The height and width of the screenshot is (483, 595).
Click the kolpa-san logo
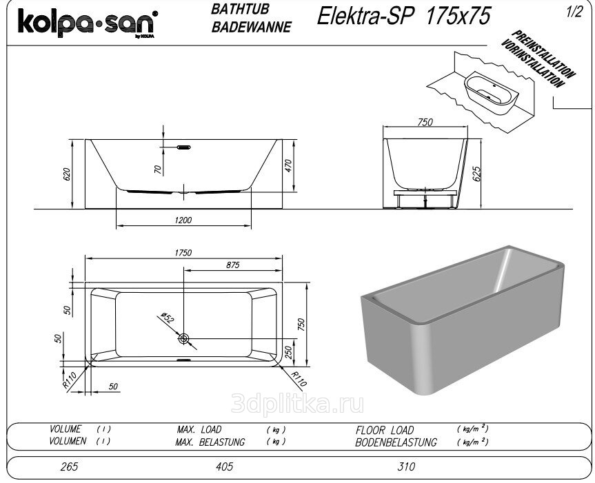pyautogui.click(x=88, y=23)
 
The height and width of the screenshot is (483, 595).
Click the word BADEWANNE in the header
pyautogui.click(x=252, y=28)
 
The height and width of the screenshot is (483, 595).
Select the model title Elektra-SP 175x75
pyautogui.click(x=404, y=16)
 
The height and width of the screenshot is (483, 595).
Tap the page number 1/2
pyautogui.click(x=574, y=12)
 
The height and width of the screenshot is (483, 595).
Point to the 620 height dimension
pyautogui.click(x=67, y=174)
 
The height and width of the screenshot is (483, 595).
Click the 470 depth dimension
pyautogui.click(x=288, y=165)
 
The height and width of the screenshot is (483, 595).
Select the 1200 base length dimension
pyautogui.click(x=183, y=220)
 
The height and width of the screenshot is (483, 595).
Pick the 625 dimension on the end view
pyautogui.click(x=476, y=174)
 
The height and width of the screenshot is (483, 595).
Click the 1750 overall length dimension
pyautogui.click(x=183, y=252)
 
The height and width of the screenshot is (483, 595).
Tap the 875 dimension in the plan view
pyautogui.click(x=232, y=265)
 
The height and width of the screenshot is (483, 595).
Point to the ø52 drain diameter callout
pyautogui.click(x=168, y=317)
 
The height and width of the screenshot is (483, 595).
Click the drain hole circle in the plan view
pyautogui.click(x=183, y=338)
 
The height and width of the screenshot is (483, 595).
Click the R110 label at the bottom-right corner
pyautogui.click(x=299, y=378)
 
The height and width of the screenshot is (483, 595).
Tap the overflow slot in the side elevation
pyautogui.click(x=183, y=147)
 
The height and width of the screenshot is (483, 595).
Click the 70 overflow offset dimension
pyautogui.click(x=158, y=169)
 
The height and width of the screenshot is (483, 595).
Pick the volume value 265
pyautogui.click(x=69, y=466)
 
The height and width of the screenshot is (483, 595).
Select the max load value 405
pyautogui.click(x=224, y=466)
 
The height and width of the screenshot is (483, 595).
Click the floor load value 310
pyautogui.click(x=406, y=466)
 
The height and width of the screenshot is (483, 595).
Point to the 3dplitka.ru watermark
pyautogui.click(x=297, y=403)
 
